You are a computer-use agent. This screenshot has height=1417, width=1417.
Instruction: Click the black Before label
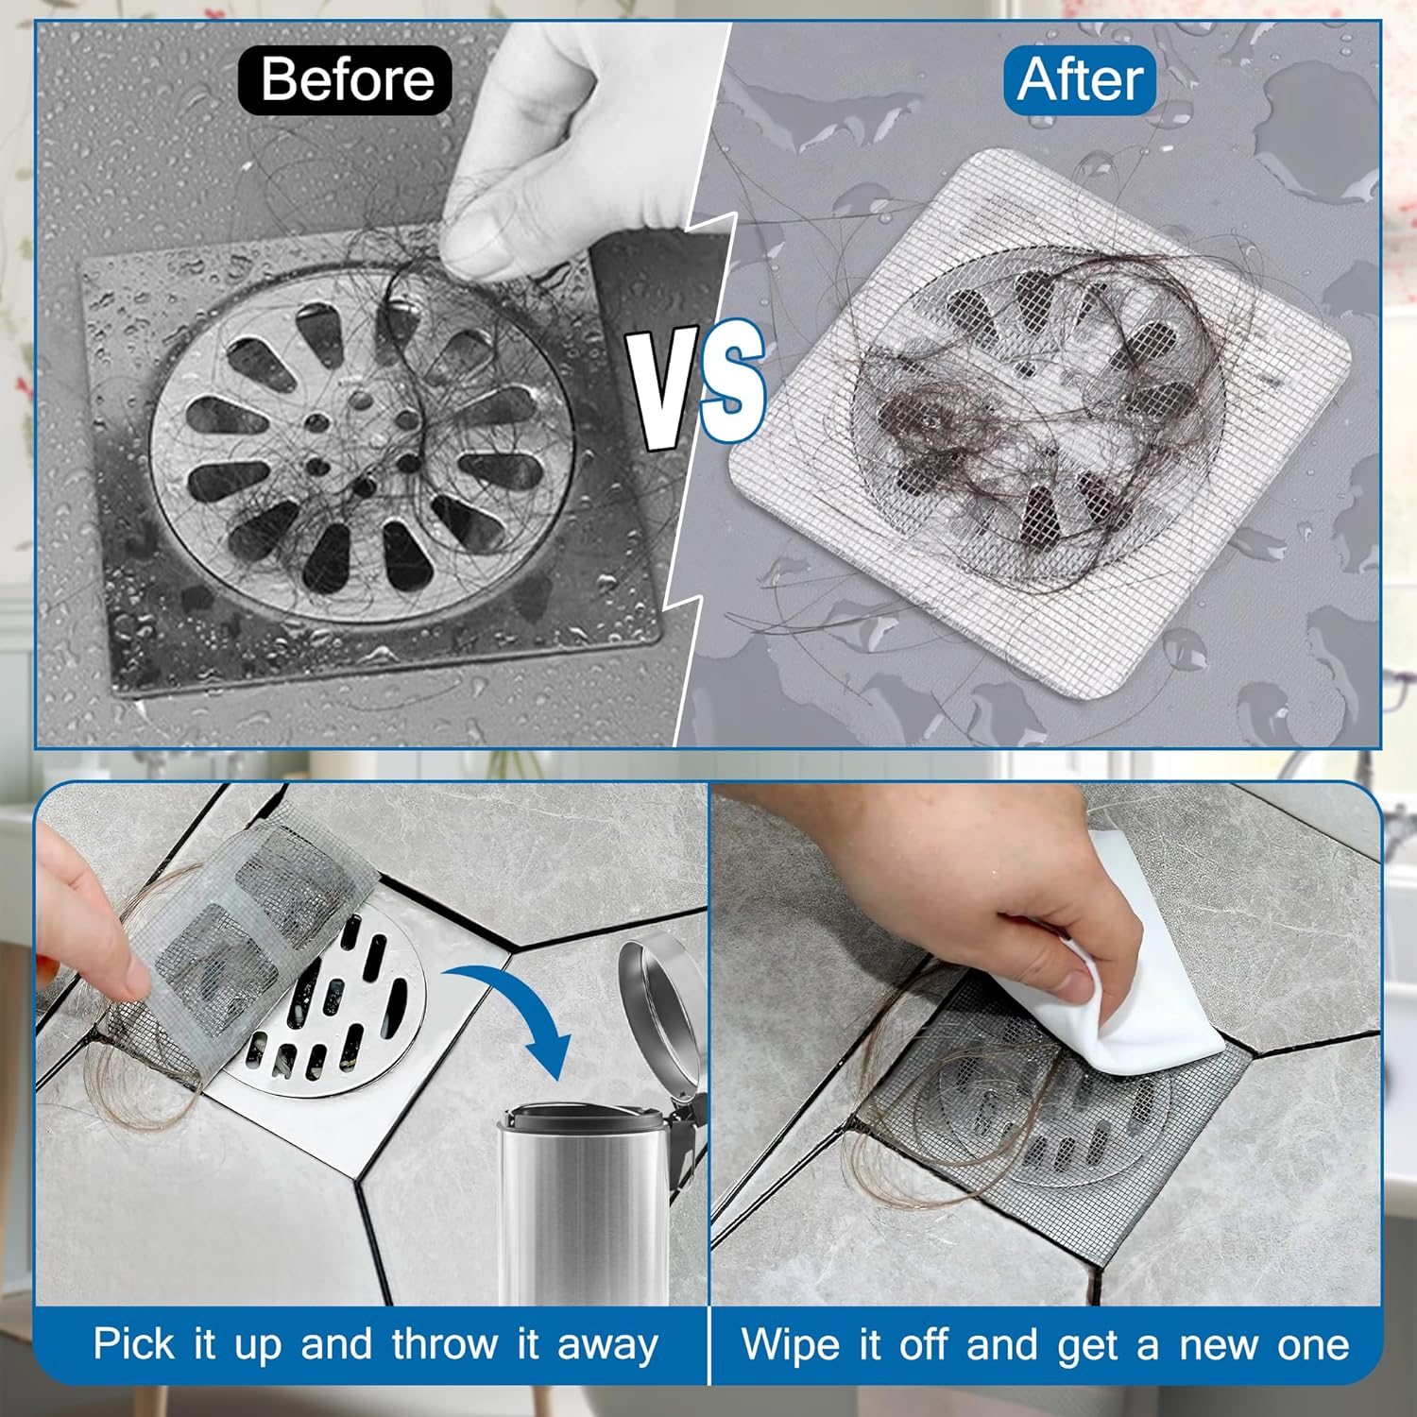(x=346, y=79)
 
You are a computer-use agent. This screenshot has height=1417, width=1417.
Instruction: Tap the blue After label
(x=1080, y=79)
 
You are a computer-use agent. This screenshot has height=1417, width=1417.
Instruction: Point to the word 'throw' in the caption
(x=445, y=1344)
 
